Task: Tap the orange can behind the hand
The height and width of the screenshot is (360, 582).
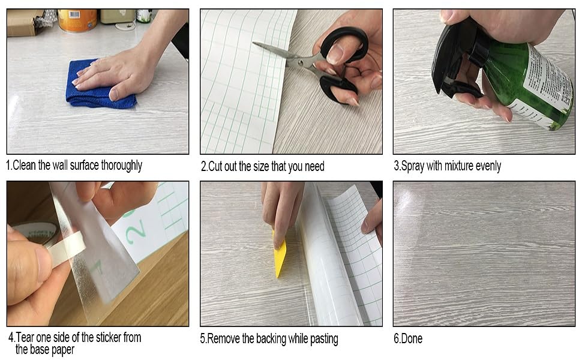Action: click(77, 20)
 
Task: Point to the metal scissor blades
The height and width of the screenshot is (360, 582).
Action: click(284, 56)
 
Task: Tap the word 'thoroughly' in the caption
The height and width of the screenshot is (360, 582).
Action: click(121, 166)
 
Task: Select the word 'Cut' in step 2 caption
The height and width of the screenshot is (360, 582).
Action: click(215, 166)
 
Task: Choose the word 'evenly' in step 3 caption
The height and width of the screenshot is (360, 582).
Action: click(488, 166)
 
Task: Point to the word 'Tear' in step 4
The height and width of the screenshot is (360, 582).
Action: click(25, 337)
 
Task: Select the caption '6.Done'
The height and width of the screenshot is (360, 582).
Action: click(408, 338)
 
